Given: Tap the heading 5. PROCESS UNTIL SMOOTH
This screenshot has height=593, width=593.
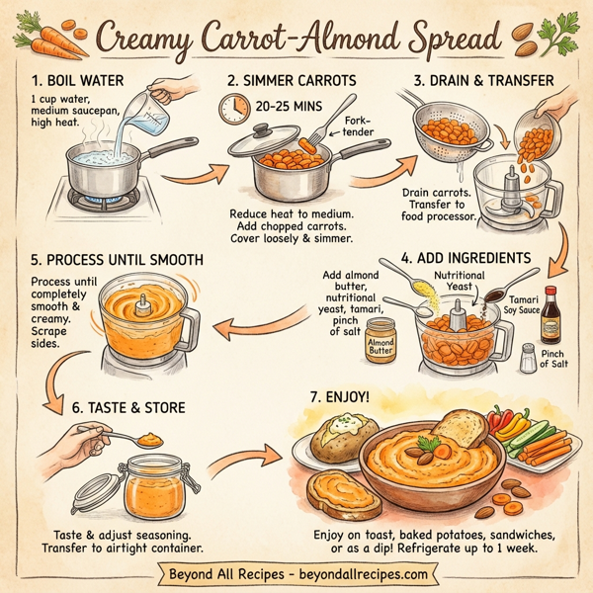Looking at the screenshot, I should tap(118, 260).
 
